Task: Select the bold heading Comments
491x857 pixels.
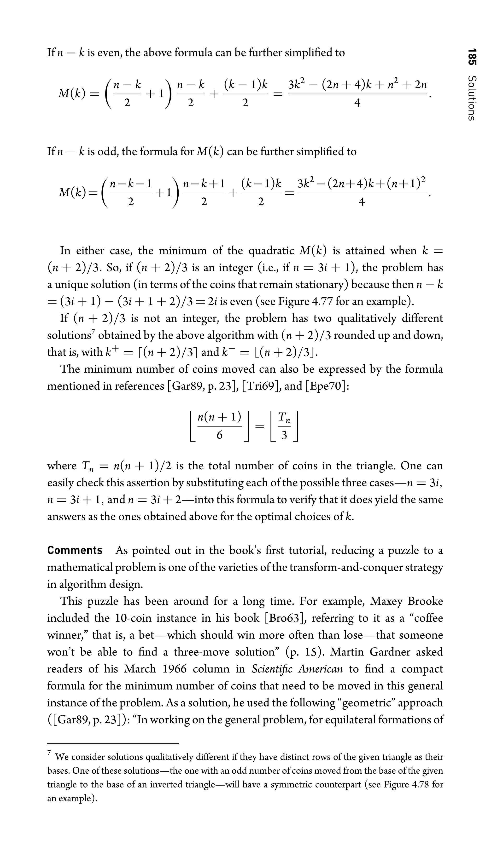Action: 75,550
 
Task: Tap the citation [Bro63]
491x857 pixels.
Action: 286,618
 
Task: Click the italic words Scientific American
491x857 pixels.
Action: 297,669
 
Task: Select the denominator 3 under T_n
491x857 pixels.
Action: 284,435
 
